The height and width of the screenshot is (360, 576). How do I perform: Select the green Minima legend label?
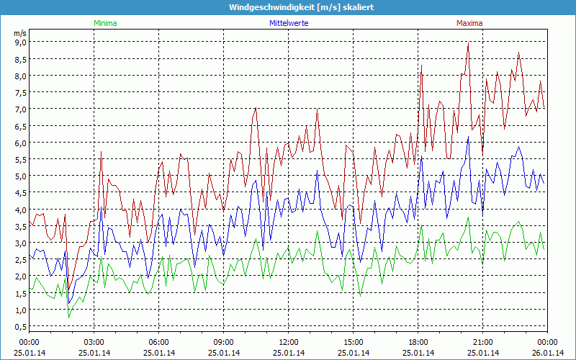point(105,23)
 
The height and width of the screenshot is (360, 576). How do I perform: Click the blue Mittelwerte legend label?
point(289,23)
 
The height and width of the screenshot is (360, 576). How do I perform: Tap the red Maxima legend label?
point(469,23)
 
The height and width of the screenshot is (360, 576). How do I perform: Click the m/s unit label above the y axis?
point(19,32)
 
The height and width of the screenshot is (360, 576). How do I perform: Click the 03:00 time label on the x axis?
point(94,342)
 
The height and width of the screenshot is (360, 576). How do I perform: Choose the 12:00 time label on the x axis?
point(289,342)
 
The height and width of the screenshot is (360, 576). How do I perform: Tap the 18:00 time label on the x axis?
point(418,342)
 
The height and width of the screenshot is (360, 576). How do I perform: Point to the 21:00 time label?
point(483,342)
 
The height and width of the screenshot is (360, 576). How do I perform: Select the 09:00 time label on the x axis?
point(224,342)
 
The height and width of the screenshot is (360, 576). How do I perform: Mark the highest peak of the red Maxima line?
point(469,42)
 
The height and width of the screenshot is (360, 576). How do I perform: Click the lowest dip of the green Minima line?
point(69,317)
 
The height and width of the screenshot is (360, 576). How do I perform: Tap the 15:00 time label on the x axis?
point(354,342)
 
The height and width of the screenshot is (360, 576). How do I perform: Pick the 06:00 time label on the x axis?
point(159,342)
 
